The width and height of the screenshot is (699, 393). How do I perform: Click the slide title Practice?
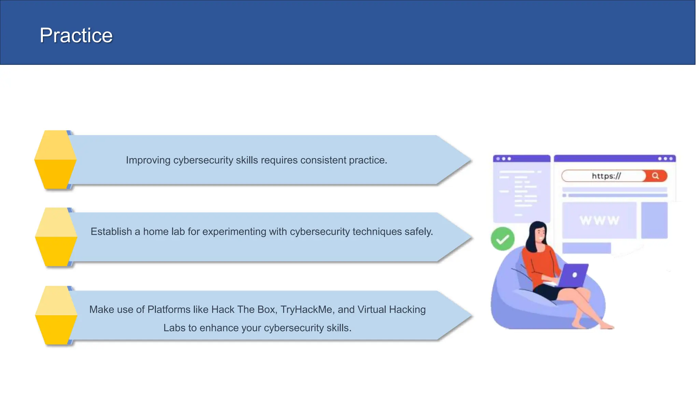click(76, 35)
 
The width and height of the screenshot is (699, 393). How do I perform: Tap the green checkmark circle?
click(502, 239)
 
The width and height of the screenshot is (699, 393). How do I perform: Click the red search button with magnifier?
click(655, 176)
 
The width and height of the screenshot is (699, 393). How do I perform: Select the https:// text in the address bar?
click(606, 176)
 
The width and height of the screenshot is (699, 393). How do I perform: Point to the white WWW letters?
click(599, 220)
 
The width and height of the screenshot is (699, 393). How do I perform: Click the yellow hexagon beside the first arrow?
click(55, 160)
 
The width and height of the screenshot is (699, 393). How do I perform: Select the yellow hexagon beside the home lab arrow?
click(56, 237)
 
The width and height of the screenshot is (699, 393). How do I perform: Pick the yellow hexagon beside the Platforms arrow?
click(56, 315)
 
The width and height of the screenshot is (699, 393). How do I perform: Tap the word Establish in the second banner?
click(111, 232)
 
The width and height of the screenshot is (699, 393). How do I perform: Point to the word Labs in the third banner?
click(174, 328)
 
